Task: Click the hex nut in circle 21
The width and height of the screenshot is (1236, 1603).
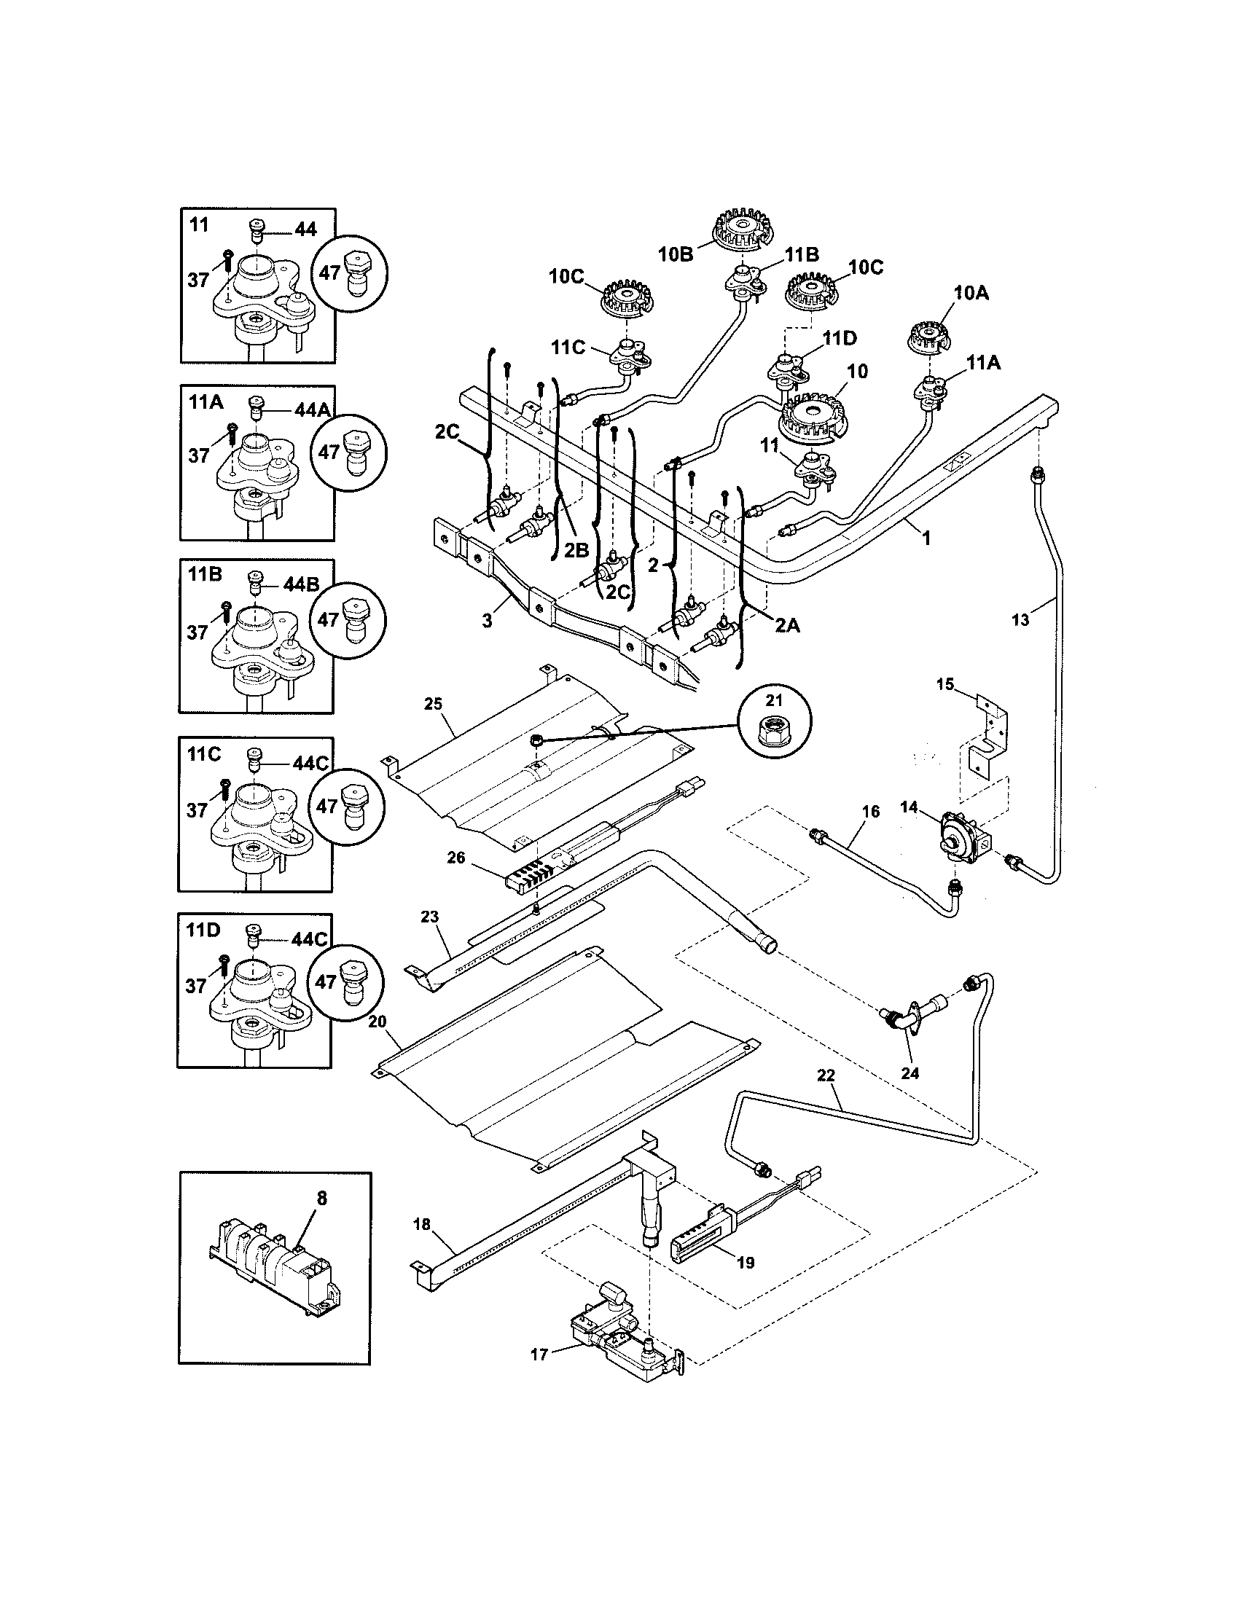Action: pos(775,725)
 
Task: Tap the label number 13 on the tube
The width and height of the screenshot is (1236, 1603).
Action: pos(1020,620)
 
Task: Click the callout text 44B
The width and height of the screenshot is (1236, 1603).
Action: pos(301,585)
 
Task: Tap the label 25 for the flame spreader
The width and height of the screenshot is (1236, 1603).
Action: pos(433,705)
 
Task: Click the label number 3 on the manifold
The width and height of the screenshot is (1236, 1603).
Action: pos(487,621)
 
